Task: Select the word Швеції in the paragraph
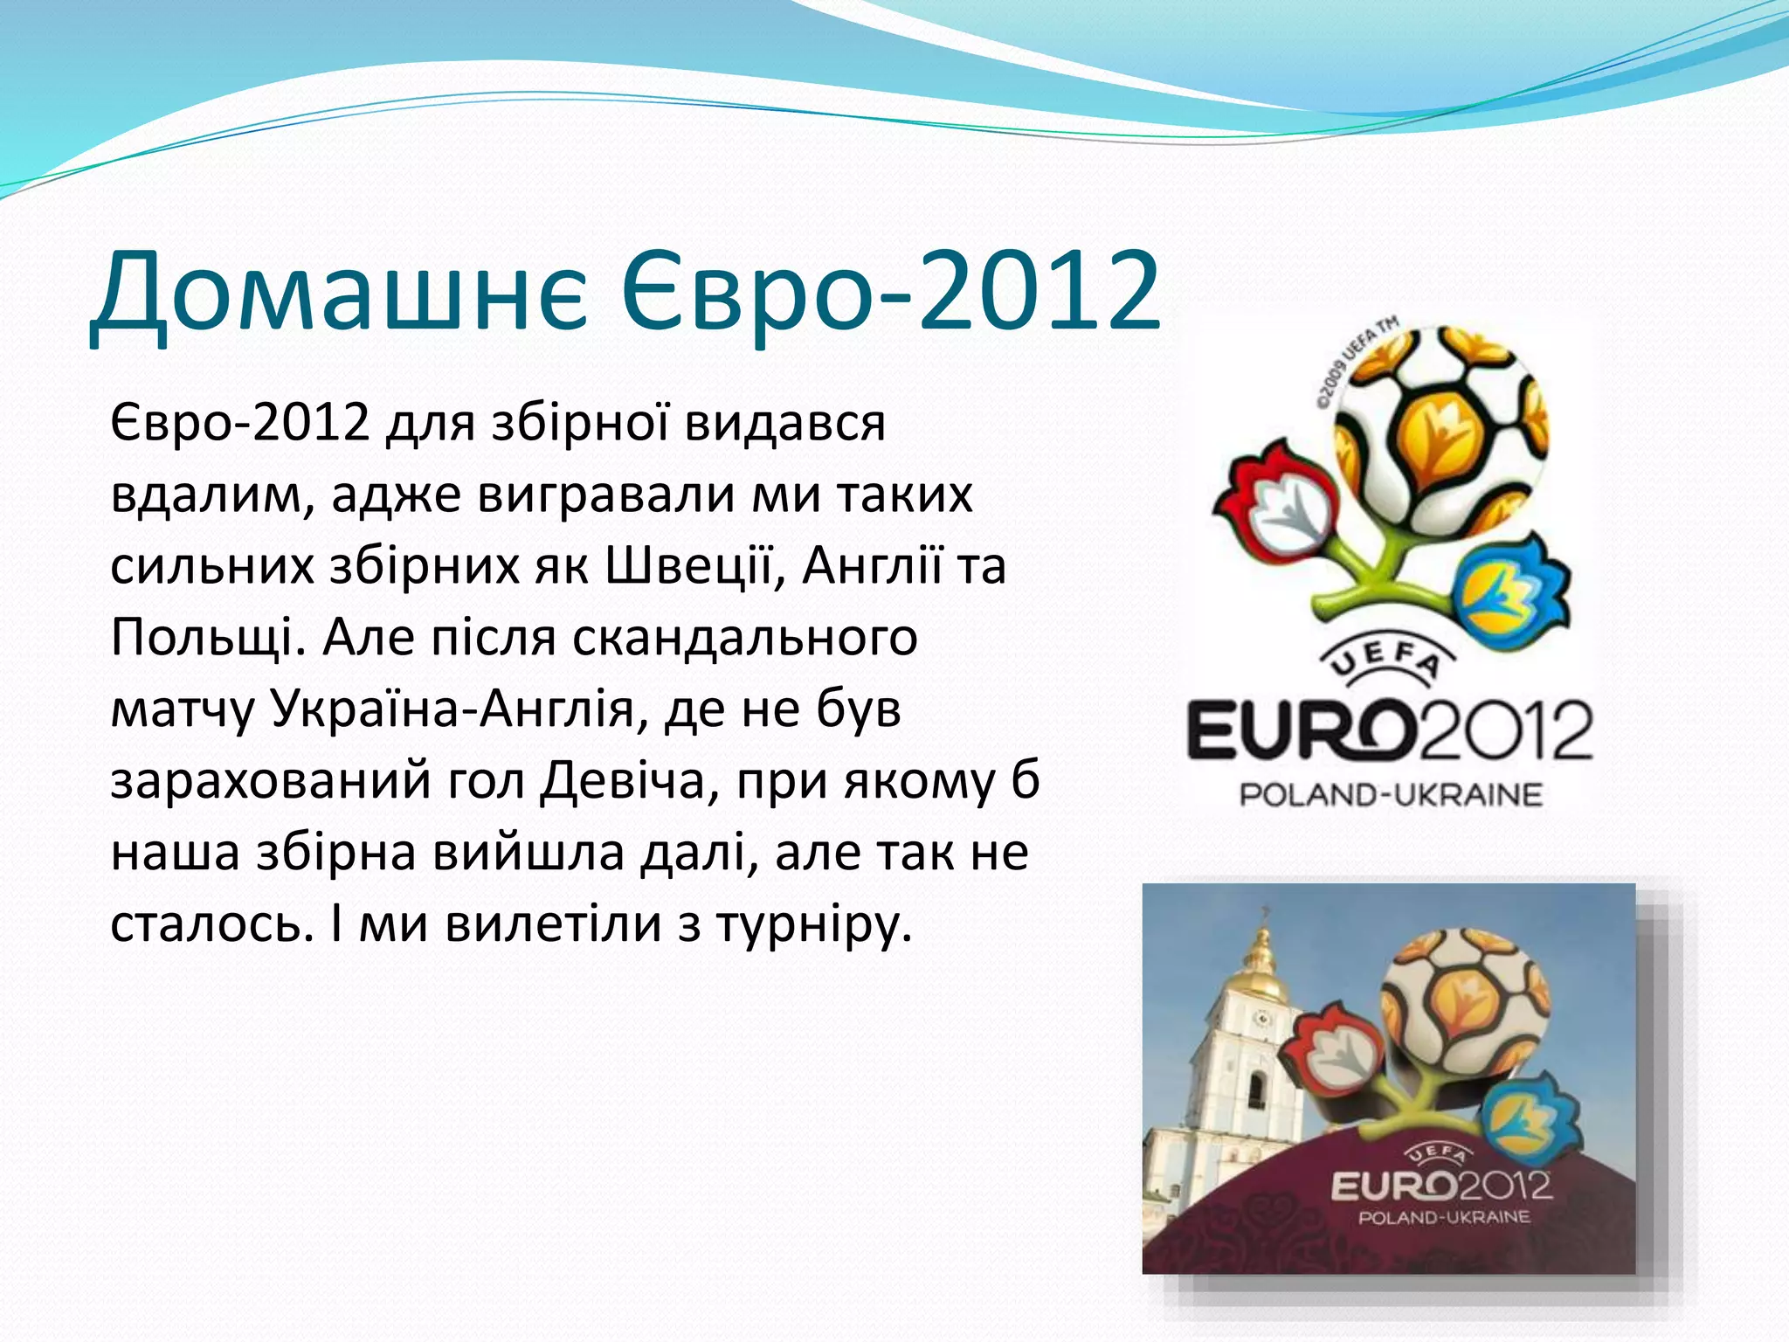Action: tap(691, 565)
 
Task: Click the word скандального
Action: tap(744, 637)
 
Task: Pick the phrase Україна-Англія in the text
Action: tap(452, 709)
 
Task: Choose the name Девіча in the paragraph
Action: tap(622, 780)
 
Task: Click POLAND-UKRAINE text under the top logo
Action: tap(1391, 795)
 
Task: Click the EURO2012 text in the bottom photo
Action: tap(1440, 1186)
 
